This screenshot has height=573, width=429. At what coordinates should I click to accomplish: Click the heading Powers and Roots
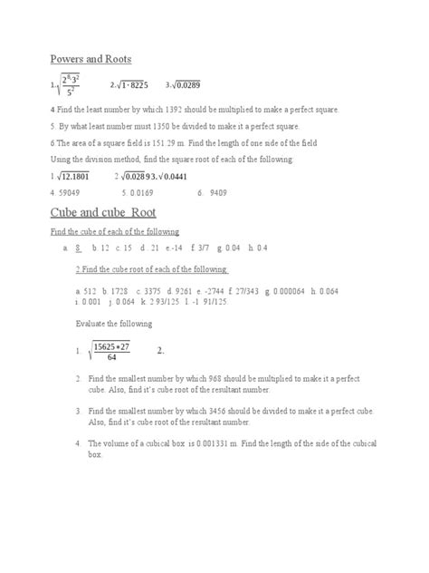point(91,59)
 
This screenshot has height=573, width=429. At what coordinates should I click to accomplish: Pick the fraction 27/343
point(241,291)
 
